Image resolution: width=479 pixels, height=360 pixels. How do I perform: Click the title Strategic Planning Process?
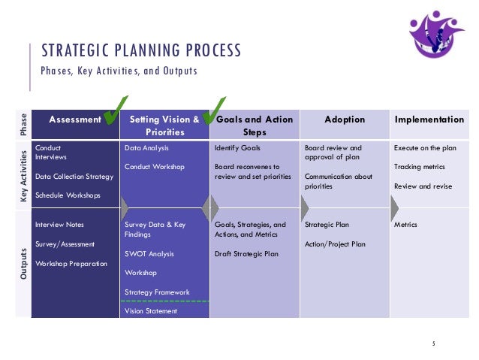point(141,51)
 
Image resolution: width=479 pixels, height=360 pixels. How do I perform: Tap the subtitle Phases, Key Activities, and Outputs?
point(119,71)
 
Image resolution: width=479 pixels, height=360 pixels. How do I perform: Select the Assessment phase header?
point(74,119)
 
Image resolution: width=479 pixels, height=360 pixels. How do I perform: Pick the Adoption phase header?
point(345,119)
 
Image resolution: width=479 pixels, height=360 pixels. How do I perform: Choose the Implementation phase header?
point(429,119)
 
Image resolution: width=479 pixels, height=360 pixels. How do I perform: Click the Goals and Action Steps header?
point(255,126)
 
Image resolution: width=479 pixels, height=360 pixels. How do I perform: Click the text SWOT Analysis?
point(149,254)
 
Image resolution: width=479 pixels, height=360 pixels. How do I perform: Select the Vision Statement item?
point(151,310)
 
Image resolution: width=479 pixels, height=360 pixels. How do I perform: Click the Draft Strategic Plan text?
point(246,254)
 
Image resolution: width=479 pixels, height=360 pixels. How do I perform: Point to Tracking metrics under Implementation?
point(419,167)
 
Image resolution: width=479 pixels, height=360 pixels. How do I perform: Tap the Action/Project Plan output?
point(336,244)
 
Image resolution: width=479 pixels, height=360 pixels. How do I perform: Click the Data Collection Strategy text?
point(74,177)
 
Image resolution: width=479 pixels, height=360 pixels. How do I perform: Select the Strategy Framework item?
point(157,292)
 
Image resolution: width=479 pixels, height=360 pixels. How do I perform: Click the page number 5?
point(433,343)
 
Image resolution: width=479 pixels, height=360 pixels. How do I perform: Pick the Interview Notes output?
point(60,225)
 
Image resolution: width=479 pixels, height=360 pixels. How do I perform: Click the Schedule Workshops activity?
point(68,195)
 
